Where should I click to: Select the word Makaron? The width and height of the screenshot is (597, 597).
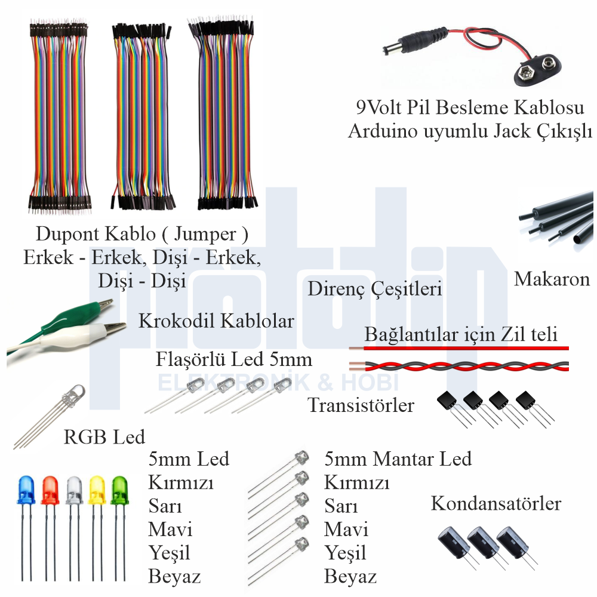coord(552,279)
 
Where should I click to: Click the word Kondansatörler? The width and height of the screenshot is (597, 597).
coord(496,504)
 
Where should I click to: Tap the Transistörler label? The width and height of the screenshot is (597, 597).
coord(361,406)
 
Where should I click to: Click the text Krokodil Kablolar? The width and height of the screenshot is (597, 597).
coord(216,321)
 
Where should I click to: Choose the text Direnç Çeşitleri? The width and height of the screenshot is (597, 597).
coord(375,290)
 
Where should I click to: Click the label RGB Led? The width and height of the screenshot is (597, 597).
coord(104,438)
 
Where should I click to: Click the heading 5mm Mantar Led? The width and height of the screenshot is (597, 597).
coord(398,459)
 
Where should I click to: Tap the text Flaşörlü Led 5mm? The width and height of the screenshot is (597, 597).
coord(234,360)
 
